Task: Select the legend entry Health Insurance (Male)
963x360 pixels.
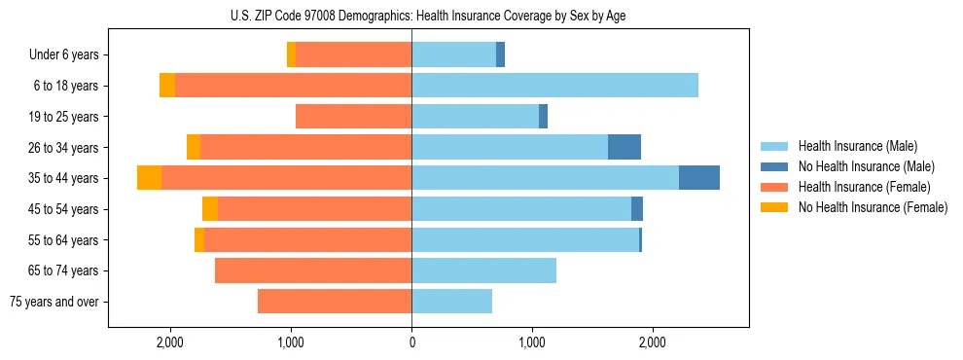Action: [x=857, y=146]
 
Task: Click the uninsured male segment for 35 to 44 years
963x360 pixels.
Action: [x=698, y=178]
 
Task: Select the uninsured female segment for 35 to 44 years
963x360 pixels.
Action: [x=149, y=178]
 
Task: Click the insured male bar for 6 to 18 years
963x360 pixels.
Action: [x=554, y=86]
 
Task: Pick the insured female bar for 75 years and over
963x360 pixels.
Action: [x=335, y=302]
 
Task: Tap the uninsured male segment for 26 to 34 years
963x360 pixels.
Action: [x=624, y=147]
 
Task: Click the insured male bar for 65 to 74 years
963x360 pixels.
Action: [x=483, y=270]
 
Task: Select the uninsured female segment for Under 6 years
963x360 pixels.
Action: [x=291, y=55]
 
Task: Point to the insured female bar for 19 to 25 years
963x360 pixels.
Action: [x=353, y=117]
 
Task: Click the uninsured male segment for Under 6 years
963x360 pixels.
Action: [x=500, y=55]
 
